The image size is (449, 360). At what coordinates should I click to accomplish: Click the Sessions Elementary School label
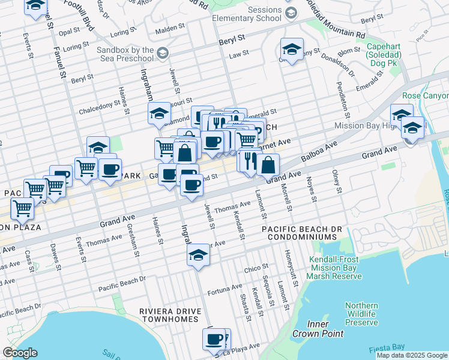point(247,13)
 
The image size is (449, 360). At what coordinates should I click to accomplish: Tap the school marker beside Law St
point(292,50)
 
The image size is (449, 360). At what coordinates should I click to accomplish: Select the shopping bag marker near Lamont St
point(268,165)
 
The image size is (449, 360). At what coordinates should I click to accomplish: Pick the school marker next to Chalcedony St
point(160,114)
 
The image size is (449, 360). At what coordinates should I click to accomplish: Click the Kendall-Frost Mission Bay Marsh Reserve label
point(334,268)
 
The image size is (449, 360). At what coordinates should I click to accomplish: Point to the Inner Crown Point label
point(318,329)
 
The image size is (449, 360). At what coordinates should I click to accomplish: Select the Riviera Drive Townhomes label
point(169,315)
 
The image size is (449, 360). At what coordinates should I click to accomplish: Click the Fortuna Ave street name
point(224,290)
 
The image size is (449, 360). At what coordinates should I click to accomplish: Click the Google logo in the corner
point(20,353)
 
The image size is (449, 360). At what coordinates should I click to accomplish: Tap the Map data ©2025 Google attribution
point(412,355)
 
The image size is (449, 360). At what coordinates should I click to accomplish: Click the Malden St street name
point(170,28)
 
